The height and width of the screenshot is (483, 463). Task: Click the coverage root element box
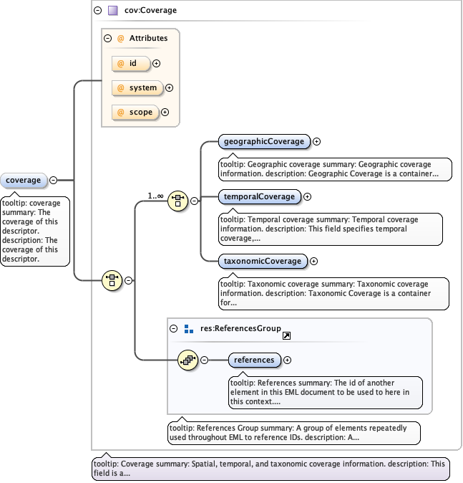coord(24,180)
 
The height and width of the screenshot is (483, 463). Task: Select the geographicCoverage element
coord(263,141)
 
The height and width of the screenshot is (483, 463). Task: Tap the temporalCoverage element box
coord(258,196)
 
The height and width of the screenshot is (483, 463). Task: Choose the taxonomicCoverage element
coord(262,261)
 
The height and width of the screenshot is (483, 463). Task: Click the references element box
coord(254,360)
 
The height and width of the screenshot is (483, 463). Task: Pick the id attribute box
coord(132,64)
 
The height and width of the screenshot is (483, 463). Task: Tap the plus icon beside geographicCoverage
coord(316,142)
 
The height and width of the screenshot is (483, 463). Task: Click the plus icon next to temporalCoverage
coord(308,196)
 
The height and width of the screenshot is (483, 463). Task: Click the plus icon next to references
coord(287,360)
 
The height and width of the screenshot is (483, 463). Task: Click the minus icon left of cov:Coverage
coord(98,11)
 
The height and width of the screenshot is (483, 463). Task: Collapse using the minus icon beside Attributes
coord(108,39)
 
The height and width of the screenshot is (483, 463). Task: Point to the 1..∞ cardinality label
coord(156,195)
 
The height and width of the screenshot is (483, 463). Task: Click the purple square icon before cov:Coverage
coord(112,11)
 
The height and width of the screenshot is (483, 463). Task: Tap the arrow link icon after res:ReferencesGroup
coord(286,335)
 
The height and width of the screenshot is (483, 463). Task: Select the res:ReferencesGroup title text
coord(238,329)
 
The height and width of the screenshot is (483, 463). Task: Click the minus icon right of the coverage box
coord(54,180)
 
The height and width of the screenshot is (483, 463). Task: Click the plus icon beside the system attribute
coord(170,88)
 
